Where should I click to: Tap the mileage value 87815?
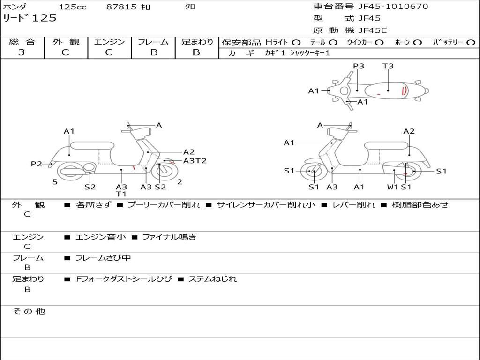point(121,7)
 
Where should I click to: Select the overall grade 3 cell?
point(22,52)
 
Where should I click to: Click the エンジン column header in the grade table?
point(109,42)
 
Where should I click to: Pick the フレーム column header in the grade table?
point(153,42)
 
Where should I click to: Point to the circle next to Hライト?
point(296,42)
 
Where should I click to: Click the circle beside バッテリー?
point(471,42)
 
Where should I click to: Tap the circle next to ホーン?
point(418,42)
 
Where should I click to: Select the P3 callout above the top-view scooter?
point(359,66)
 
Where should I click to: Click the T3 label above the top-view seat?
point(388,66)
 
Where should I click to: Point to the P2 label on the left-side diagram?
point(37,164)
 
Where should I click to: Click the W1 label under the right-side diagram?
point(393,187)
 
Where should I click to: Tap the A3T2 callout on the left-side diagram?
point(195,161)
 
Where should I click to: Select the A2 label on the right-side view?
point(409,131)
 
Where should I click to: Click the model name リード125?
point(30,18)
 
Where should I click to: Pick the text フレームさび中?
point(103,258)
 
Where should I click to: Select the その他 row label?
point(29,311)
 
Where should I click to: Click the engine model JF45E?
point(373,30)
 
